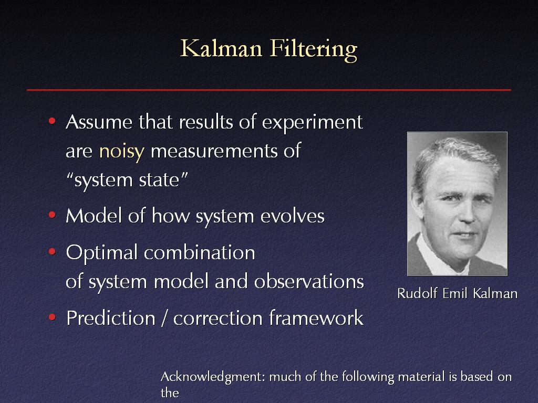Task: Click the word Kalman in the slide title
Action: click(221, 48)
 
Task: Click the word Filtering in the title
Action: click(314, 50)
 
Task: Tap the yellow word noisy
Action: click(121, 152)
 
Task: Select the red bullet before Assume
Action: click(52, 121)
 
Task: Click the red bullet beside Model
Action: click(52, 215)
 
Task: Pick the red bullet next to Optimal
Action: click(52, 252)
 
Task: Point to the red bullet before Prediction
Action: click(52, 317)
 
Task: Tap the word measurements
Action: click(214, 151)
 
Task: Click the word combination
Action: click(199, 252)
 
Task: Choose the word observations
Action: click(309, 282)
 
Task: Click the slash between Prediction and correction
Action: click(164, 318)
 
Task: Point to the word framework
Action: click(316, 317)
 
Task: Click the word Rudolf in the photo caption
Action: click(417, 293)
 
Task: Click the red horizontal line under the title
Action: click(269, 90)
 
